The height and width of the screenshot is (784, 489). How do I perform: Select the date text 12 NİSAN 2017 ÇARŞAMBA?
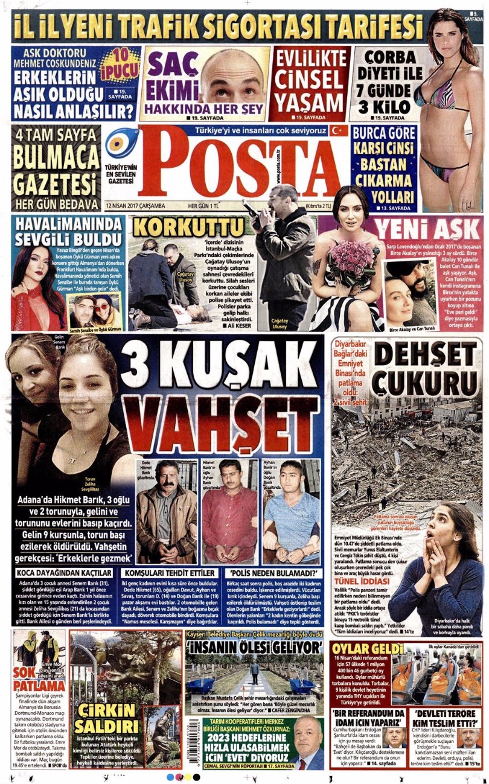135,205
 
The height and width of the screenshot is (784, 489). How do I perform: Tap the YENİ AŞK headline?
430,229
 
